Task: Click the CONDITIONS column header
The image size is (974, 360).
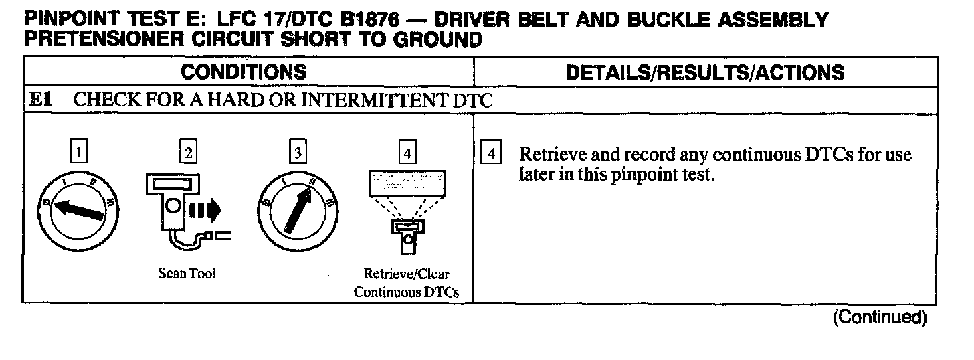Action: (244, 72)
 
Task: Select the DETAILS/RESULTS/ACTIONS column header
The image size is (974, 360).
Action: (705, 72)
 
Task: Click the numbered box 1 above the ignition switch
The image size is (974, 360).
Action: (79, 153)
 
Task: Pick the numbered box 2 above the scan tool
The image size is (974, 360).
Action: (188, 153)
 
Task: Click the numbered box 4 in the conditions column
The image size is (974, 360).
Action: (406, 153)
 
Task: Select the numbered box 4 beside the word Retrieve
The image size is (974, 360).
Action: (491, 153)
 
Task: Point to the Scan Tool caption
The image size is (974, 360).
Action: (187, 274)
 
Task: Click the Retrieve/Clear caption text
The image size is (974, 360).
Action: (406, 274)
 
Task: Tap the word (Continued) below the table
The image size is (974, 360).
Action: (879, 317)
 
